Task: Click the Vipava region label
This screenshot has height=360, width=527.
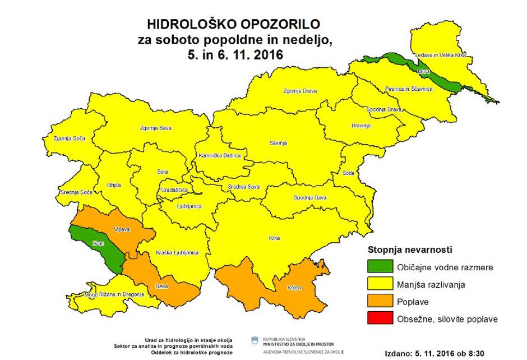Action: [122, 230]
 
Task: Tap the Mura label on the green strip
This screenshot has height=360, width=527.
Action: [423, 72]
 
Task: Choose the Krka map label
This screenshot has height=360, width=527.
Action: [275, 238]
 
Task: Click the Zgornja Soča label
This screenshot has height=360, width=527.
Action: [66, 139]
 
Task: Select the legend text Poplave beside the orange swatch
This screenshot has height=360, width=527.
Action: [413, 302]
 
